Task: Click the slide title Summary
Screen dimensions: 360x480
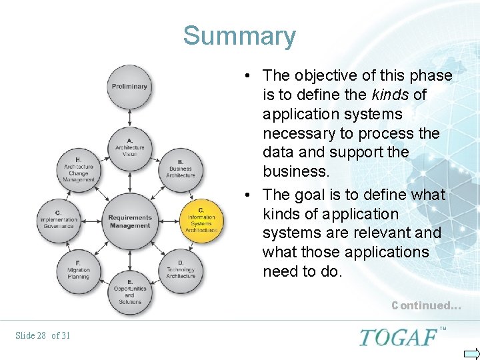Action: click(239, 35)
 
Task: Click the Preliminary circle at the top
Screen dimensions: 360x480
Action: click(129, 87)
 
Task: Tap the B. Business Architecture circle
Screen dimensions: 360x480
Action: click(181, 169)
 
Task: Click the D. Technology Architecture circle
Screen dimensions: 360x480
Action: click(181, 270)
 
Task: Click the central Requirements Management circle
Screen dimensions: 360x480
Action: click(129, 221)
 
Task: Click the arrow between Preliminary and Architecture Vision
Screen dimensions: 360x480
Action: click(129, 117)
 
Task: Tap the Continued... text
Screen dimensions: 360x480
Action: click(426, 306)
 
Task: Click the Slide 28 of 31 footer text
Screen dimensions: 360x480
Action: click(43, 335)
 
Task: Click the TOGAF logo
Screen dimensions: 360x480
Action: click(400, 337)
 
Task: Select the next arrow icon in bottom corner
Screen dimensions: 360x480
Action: click(471, 353)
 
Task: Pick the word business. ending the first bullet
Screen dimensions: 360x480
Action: click(296, 171)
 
